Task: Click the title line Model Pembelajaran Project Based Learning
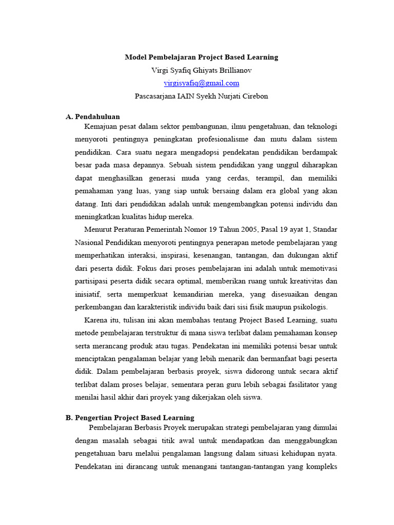(x=202, y=57)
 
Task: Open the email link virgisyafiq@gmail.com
(x=202, y=83)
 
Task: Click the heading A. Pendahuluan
(x=93, y=117)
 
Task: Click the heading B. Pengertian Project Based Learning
(x=130, y=418)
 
